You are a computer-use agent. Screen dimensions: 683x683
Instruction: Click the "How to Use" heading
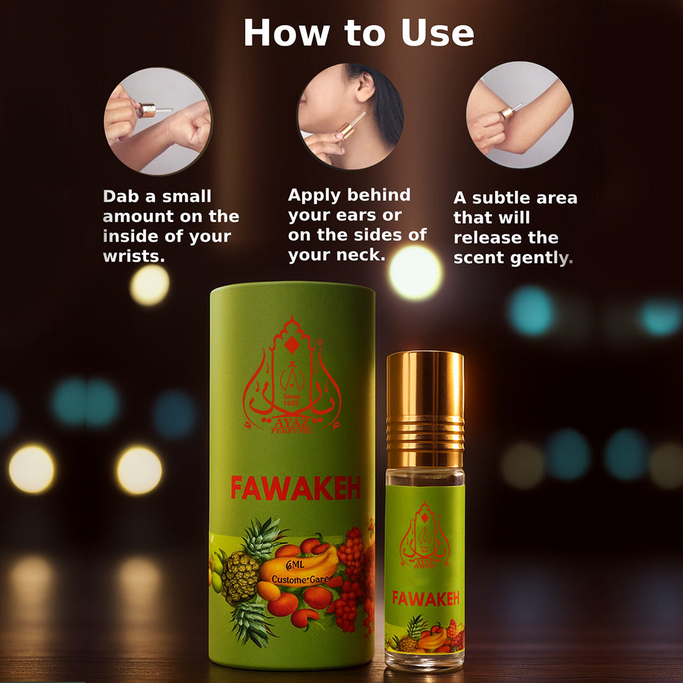(x=359, y=33)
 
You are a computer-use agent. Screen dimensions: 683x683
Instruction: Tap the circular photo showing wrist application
(x=157, y=121)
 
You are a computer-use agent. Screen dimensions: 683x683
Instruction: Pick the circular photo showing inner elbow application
(x=519, y=114)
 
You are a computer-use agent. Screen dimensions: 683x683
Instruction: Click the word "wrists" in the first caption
(x=132, y=257)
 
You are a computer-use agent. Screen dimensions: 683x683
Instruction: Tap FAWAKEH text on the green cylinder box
(x=295, y=488)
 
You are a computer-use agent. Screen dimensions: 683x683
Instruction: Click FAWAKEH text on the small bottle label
(x=425, y=598)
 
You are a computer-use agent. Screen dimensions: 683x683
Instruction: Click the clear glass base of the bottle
(x=425, y=660)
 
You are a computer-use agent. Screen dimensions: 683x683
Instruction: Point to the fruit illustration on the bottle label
(x=425, y=635)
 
